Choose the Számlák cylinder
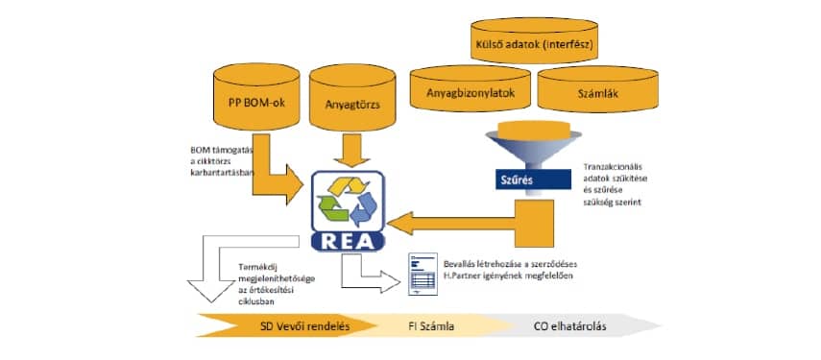tap(591, 97)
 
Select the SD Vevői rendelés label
tap(305, 324)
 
